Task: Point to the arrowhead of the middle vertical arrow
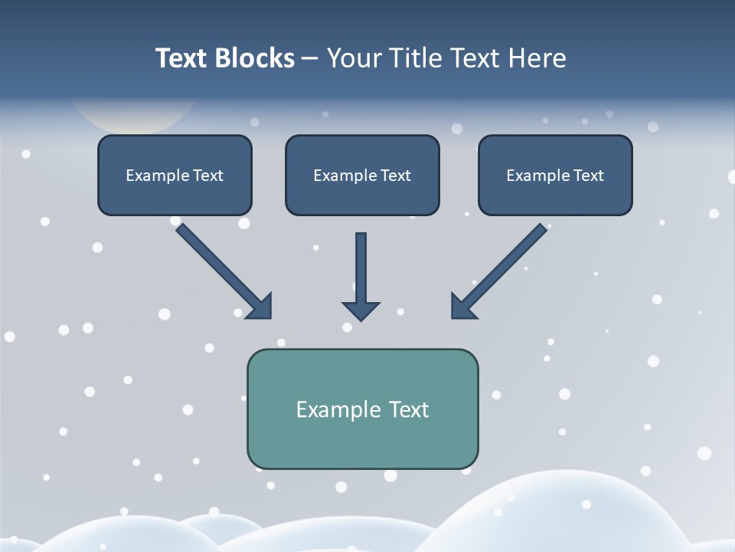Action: tap(361, 310)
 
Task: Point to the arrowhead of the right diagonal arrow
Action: tap(462, 307)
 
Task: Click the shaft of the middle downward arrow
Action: tap(361, 264)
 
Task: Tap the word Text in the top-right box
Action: tap(589, 176)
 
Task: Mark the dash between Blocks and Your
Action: tap(310, 59)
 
